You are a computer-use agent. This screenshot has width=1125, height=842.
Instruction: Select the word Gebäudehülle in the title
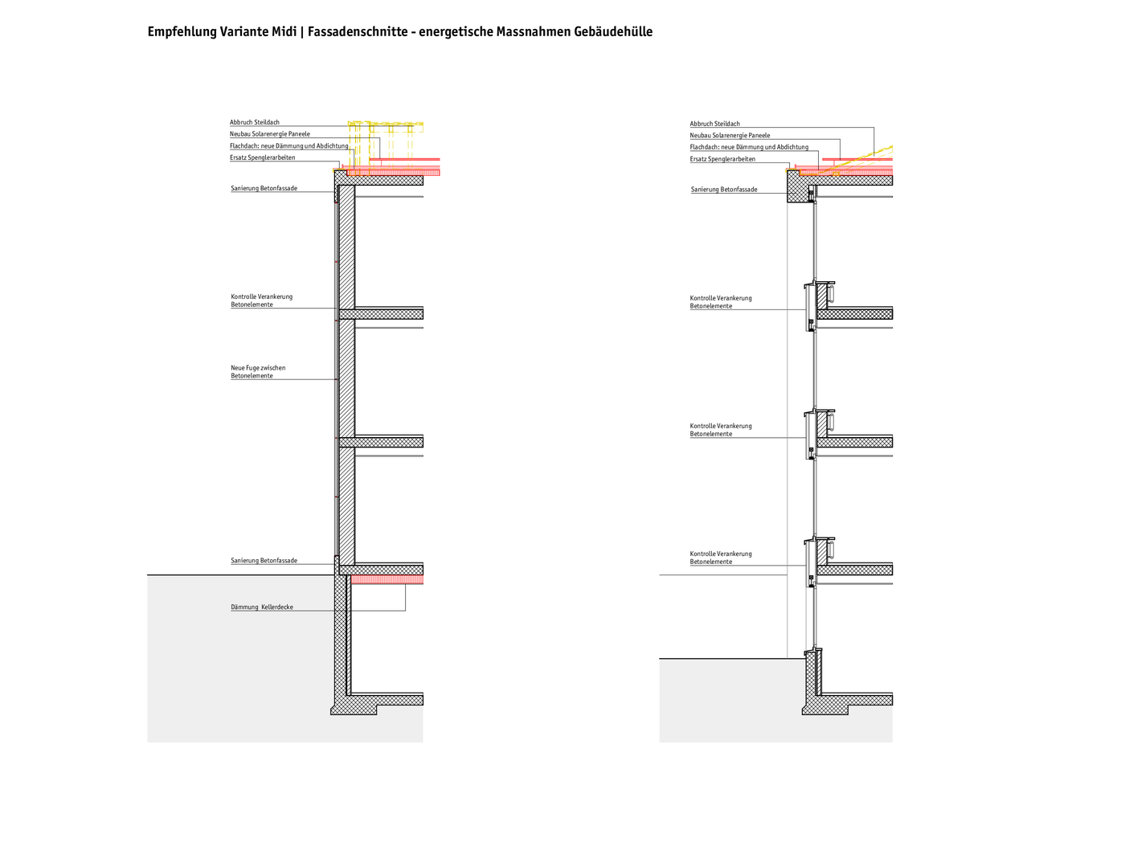click(613, 32)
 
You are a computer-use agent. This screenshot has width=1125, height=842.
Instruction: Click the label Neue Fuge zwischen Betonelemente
click(258, 371)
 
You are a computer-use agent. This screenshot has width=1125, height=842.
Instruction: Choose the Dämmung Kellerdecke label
click(262, 607)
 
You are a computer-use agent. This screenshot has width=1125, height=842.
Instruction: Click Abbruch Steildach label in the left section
click(255, 122)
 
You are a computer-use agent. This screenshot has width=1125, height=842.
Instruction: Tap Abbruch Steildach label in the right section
click(714, 124)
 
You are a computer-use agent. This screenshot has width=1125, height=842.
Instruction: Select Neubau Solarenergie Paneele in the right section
click(730, 136)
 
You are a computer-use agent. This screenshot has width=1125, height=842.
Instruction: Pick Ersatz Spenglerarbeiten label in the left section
click(263, 157)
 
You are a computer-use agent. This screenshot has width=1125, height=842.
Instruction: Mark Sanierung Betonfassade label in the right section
click(724, 190)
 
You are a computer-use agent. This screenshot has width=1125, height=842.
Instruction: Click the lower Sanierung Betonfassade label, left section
click(264, 561)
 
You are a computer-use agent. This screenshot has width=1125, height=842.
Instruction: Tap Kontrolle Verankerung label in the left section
click(261, 300)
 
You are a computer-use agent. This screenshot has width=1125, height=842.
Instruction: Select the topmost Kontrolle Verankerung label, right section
click(721, 302)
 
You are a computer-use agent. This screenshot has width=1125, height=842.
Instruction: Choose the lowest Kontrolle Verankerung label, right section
click(721, 558)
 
